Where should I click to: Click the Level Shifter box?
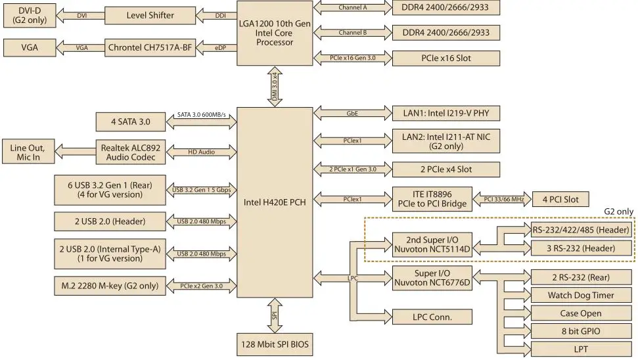pyautogui.click(x=150, y=14)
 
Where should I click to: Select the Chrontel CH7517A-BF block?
pyautogui.click(x=150, y=47)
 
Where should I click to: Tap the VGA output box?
pyautogui.click(x=30, y=47)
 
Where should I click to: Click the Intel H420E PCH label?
pyautogui.click(x=275, y=202)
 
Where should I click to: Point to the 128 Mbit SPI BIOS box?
pyautogui.click(x=275, y=345)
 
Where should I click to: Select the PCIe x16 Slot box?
pyautogui.click(x=445, y=58)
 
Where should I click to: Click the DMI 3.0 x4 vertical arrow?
pyautogui.click(x=275, y=86)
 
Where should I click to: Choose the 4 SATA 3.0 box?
pyautogui.click(x=131, y=122)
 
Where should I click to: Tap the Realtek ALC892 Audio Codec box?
pyautogui.click(x=131, y=152)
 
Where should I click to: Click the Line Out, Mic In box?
pyautogui.click(x=28, y=152)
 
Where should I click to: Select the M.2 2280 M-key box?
pyautogui.click(x=109, y=285)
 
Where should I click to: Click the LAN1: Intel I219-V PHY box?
pyautogui.click(x=445, y=114)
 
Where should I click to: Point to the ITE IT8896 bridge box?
pyautogui.click(x=432, y=198)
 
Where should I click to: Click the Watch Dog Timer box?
pyautogui.click(x=581, y=295)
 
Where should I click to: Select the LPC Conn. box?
pyautogui.click(x=432, y=317)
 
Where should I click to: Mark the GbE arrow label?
pyautogui.click(x=352, y=114)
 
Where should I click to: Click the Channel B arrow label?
pyautogui.click(x=352, y=32)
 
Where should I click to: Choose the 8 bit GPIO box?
pyautogui.click(x=581, y=331)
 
